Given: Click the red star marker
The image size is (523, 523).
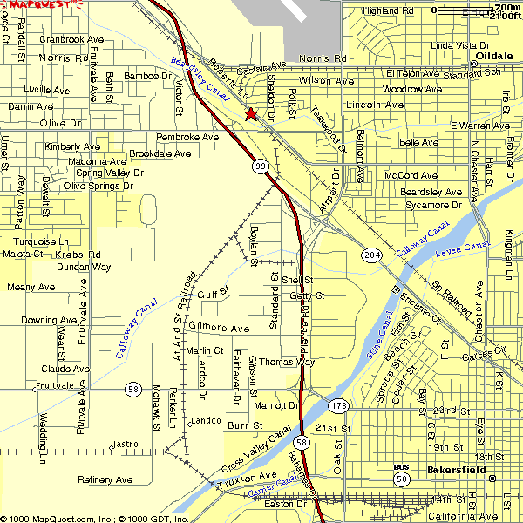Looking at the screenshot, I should [x=251, y=114].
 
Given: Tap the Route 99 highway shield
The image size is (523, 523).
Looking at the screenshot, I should [x=261, y=166].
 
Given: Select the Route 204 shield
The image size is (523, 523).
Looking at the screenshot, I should [x=371, y=253].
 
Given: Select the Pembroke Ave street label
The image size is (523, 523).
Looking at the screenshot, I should [x=187, y=137].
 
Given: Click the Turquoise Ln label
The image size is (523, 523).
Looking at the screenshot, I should [x=41, y=241].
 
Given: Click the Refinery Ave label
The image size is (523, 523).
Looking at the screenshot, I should [x=105, y=479].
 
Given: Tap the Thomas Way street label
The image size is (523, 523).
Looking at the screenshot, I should [x=287, y=362].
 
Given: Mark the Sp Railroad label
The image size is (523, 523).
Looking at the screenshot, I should [x=452, y=296].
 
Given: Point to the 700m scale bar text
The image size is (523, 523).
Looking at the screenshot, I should [x=507, y=6].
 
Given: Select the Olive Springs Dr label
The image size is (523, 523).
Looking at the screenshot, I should [x=98, y=186].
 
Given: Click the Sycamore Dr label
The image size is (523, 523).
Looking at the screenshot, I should [x=432, y=205].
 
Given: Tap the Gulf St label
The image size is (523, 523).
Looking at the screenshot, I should [x=213, y=295].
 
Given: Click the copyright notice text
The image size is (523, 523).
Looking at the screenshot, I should [x=94, y=518].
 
